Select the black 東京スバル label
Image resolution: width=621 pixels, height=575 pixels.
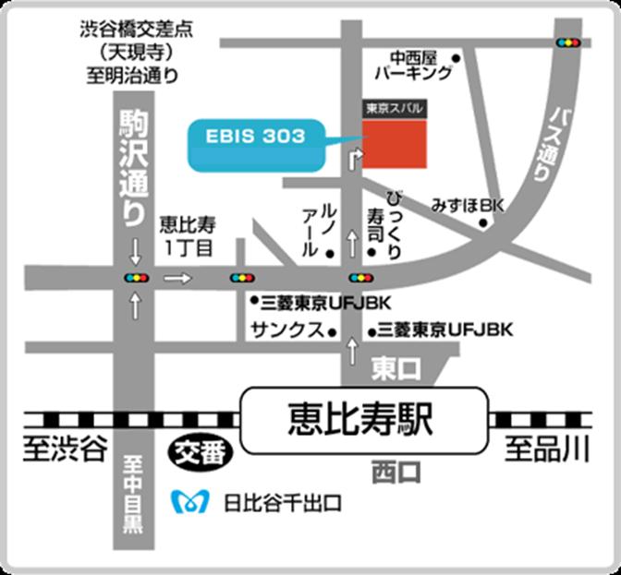pos(396,108)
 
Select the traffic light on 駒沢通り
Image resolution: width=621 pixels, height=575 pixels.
pos(136,277)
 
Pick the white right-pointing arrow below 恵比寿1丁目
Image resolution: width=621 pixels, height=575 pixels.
pos(177,277)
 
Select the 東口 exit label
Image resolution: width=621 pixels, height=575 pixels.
pos(396,369)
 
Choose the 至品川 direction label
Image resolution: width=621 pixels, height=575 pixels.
pos(547,451)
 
